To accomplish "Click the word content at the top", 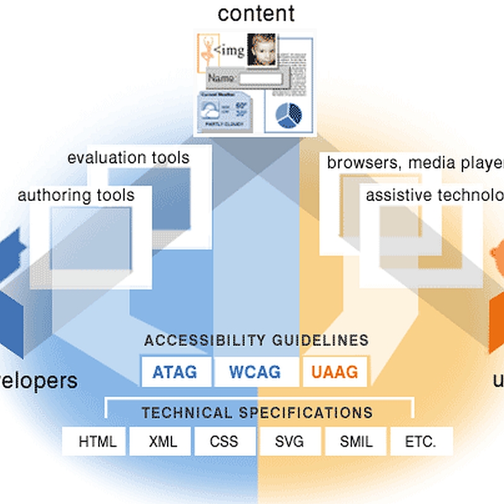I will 256,13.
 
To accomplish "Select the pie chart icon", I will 289,113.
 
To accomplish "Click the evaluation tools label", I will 129,157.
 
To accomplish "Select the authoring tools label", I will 76,195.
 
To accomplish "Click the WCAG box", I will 255,372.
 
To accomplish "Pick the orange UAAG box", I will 334,372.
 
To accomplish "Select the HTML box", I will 98,442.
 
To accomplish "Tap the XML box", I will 163,442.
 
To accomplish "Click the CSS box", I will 225,442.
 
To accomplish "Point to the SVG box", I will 290,442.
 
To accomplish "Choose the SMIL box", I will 355,442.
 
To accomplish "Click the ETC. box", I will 421,442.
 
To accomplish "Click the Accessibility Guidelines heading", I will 256,341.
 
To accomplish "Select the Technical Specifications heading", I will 257,413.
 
